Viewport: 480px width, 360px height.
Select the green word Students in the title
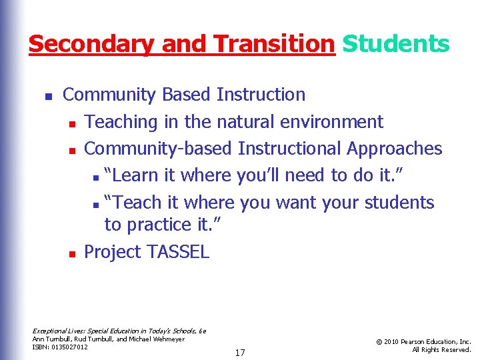396,44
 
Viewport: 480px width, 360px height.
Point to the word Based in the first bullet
187,95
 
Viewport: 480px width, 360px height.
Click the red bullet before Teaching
71,123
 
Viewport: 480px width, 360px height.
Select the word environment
340,122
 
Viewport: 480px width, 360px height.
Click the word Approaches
394,149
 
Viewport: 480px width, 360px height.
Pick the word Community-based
158,149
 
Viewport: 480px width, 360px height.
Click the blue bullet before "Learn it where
97,177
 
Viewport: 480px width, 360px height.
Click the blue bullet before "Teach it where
97,204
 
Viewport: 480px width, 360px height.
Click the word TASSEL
178,251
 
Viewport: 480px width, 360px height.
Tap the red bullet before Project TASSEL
71,253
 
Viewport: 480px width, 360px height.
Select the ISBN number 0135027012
69,347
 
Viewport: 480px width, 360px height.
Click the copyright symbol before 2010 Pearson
379,341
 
